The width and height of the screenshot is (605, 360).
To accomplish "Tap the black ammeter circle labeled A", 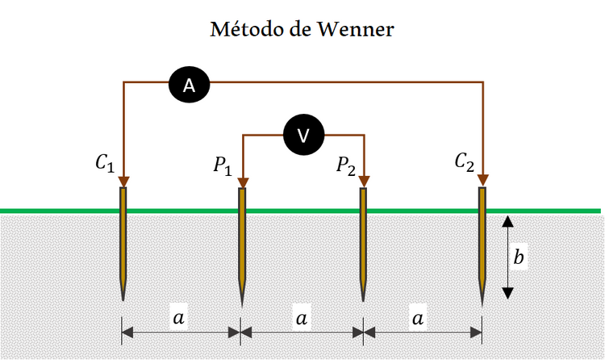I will point(189,86).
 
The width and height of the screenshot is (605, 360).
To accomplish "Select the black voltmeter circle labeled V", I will point(303,136).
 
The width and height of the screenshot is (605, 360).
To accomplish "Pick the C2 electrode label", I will point(464,161).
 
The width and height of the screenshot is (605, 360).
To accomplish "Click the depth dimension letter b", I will point(520,257).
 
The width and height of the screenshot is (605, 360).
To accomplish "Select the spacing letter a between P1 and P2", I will point(302,318).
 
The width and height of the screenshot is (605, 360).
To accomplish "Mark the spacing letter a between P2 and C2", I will point(418,318).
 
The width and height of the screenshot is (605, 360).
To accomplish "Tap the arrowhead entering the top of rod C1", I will point(123,179).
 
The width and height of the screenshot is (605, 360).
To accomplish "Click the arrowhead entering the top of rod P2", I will point(365,180).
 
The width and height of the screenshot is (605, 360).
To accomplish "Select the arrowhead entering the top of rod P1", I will point(242,180).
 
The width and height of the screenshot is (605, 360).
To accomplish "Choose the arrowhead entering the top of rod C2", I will point(483,178).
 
